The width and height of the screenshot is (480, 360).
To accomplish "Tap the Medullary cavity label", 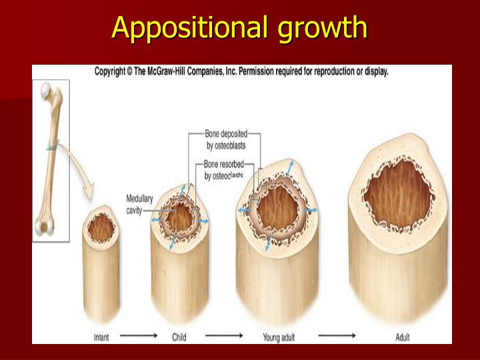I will point(139,204).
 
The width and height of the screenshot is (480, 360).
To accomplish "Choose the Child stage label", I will point(179,337).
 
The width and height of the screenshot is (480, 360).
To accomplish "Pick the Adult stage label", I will point(403,337).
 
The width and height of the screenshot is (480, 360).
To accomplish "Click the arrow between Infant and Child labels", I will point(139,337).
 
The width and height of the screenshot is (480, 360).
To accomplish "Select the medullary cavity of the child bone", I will point(179,218).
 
